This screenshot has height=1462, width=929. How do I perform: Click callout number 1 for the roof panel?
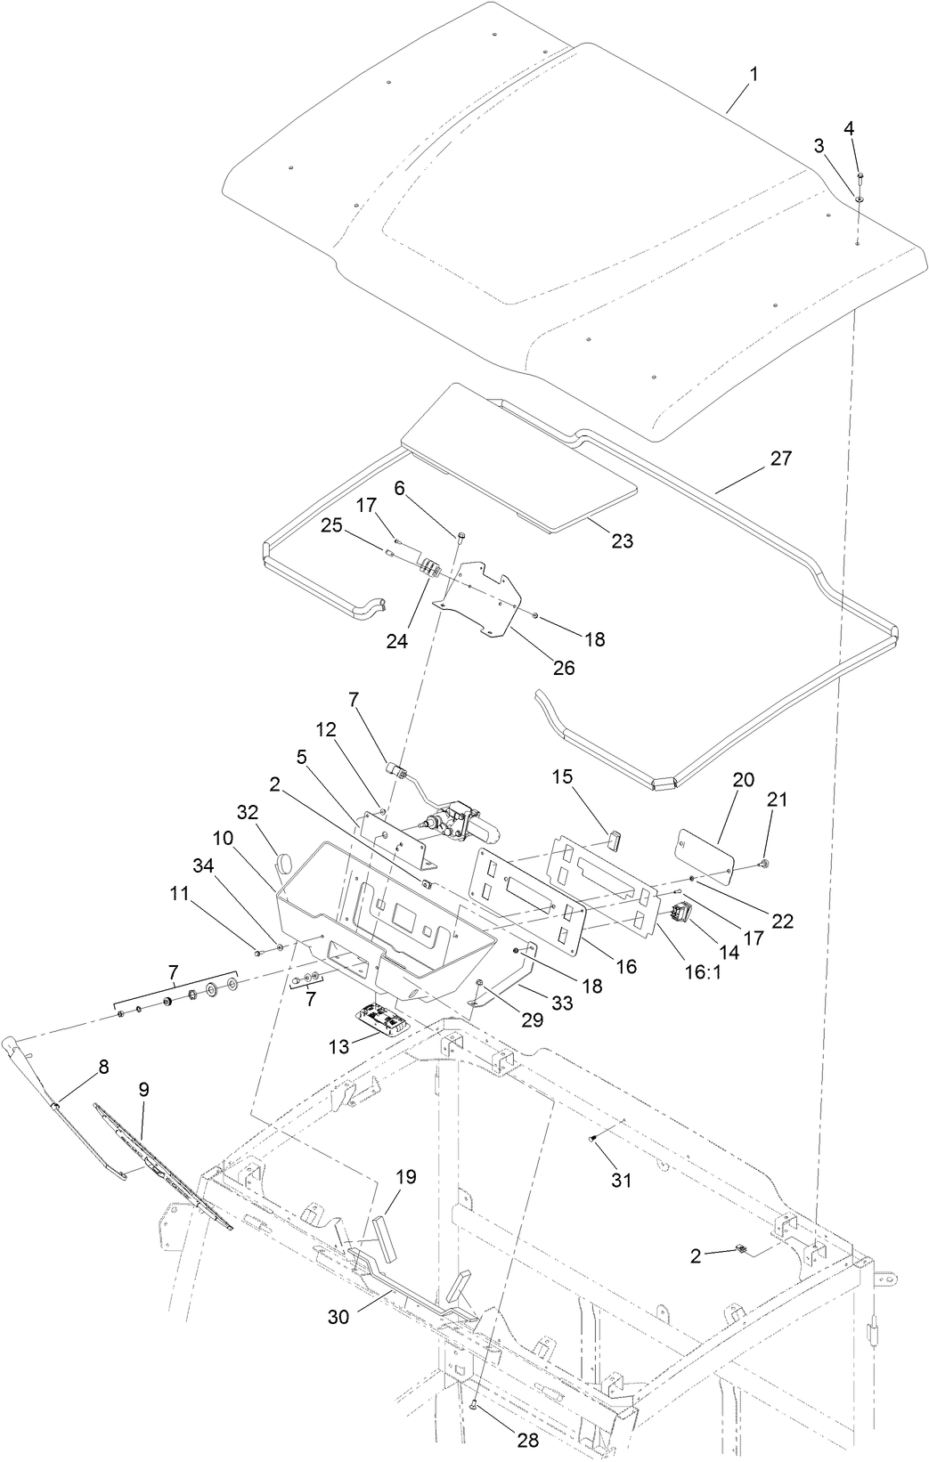[x=753, y=75]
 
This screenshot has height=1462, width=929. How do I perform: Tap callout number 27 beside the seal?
[x=780, y=459]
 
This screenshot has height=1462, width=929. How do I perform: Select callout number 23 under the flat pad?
[x=622, y=540]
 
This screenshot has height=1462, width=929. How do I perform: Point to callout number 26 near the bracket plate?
[x=564, y=667]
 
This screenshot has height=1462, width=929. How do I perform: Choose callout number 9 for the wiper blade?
[x=144, y=1088]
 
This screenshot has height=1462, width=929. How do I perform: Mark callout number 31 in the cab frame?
[x=621, y=1181]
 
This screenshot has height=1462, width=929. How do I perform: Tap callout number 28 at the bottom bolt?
[x=528, y=1440]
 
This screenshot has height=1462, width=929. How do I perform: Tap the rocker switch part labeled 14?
[x=683, y=912]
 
